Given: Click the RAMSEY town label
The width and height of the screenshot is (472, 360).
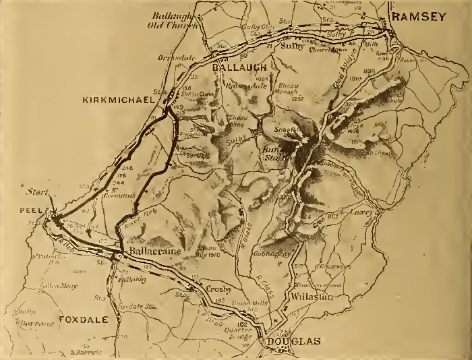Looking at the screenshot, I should (420, 18).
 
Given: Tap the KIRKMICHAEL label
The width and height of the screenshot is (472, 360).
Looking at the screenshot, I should (116, 100).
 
